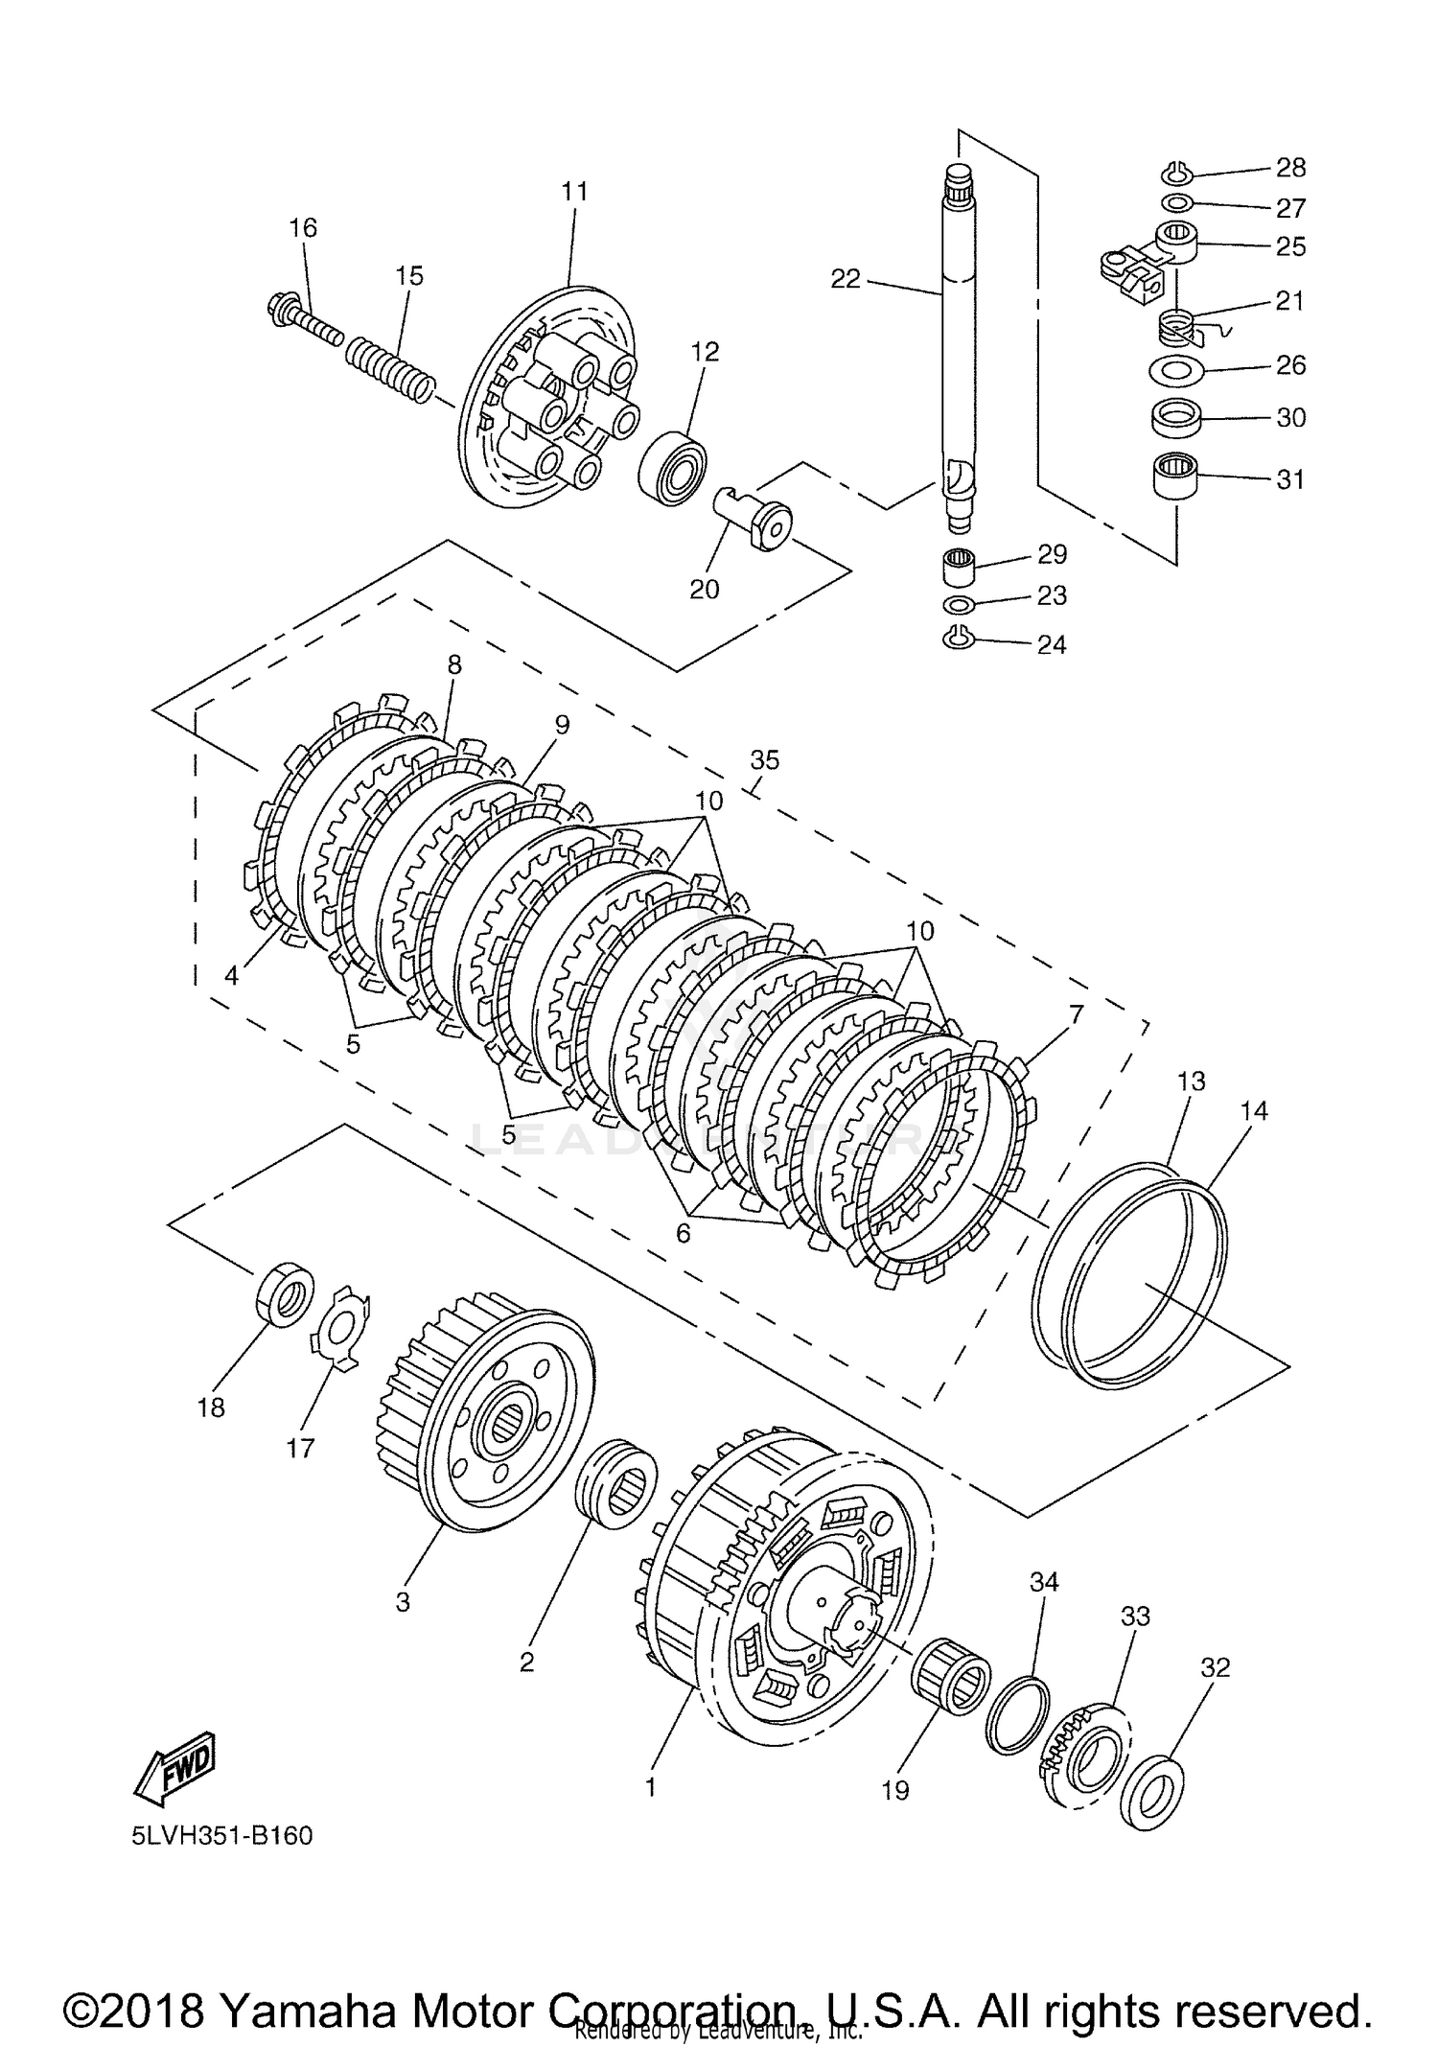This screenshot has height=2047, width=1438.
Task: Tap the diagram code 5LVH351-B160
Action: tap(222, 1836)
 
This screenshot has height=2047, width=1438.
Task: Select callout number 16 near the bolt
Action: tap(303, 228)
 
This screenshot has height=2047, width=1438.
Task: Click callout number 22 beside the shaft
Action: tap(846, 279)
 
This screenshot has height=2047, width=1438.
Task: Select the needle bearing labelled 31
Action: tap(1177, 477)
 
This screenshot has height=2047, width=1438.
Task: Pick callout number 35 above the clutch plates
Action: tap(765, 760)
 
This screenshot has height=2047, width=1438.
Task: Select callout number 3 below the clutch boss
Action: tap(403, 1602)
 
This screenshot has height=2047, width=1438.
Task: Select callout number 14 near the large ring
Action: tap(1254, 1110)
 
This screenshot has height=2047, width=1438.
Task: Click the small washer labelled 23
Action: tap(959, 605)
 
